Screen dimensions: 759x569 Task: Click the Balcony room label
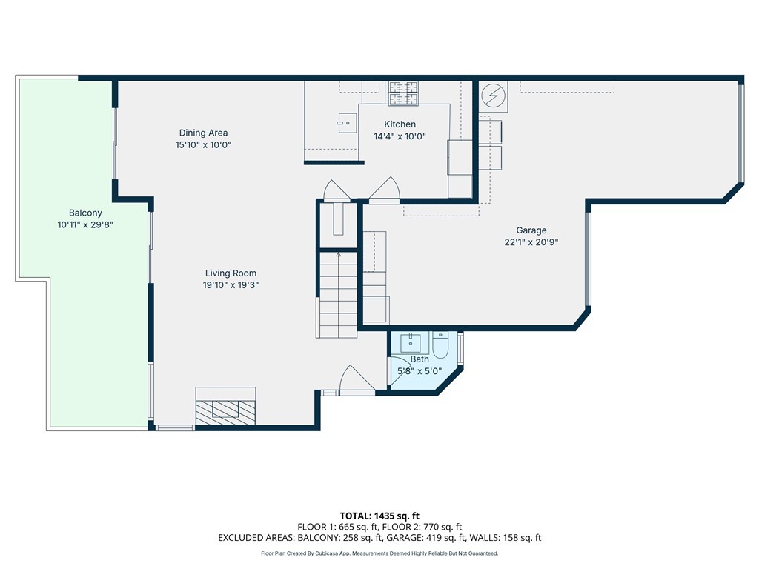coord(85,213)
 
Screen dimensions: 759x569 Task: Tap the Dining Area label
coord(203,133)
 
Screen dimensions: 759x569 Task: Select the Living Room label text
coord(231,273)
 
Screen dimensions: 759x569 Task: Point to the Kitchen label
coord(400,124)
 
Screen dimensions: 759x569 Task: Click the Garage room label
coord(531,230)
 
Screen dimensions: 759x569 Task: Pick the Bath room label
coord(420,359)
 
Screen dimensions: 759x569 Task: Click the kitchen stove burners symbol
coord(404,93)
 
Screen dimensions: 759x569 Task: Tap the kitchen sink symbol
coord(348,123)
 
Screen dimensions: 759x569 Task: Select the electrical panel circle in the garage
coord(493,96)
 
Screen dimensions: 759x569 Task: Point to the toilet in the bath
coord(440,345)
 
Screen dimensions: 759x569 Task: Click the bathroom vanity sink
coord(411,342)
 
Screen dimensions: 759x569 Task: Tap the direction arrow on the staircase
coord(338,254)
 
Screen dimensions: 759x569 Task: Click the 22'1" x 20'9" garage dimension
coord(531,242)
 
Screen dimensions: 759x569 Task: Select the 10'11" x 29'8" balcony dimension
coord(85,225)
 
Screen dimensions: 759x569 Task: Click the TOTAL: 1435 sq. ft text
coord(379,516)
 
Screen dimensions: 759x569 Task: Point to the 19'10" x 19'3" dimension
coord(231,285)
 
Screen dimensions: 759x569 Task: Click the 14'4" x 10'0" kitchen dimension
coord(400,136)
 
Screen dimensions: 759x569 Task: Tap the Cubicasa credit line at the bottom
coord(379,553)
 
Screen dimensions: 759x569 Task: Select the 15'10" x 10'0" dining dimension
coord(203,144)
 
